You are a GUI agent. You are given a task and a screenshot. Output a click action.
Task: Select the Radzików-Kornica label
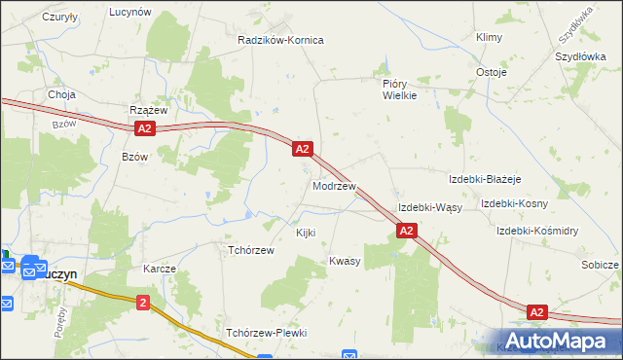click(x=280, y=40)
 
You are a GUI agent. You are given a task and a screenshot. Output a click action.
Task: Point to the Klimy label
click(x=489, y=37)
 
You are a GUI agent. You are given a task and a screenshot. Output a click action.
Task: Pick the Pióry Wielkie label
click(x=399, y=90)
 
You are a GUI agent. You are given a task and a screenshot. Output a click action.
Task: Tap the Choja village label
click(x=61, y=94)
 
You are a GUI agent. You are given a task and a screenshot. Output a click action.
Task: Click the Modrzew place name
click(x=333, y=185)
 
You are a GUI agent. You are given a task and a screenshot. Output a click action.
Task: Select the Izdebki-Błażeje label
click(x=485, y=180)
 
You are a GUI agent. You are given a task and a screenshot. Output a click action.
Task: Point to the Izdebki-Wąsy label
click(x=429, y=208)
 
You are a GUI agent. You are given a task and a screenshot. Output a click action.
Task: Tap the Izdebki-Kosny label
click(x=514, y=203)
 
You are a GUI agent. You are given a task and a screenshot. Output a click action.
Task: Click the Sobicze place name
click(x=600, y=265)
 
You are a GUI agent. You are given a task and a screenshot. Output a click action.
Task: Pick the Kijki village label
click(x=306, y=234)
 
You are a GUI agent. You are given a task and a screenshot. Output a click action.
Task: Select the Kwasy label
click(x=345, y=261)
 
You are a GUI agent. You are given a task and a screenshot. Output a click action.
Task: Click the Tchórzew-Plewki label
click(x=266, y=333)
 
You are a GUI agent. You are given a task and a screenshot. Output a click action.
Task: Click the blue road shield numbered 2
click(x=143, y=303)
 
